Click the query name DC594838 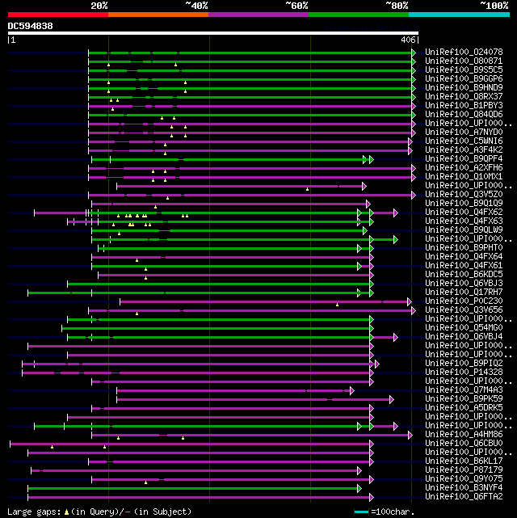point(30,27)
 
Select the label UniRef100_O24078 point(464,52)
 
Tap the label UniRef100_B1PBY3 point(464,105)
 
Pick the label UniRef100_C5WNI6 point(464,141)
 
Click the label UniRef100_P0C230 point(464,301)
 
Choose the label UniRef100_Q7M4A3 point(464,390)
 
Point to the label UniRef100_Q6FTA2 point(464,496)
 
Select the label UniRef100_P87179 point(464,470)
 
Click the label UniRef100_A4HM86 point(464,434)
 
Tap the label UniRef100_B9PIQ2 point(464,363)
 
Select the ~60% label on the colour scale point(296,6)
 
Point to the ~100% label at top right point(494,6)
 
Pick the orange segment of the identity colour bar point(158,15)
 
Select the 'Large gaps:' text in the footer point(32,512)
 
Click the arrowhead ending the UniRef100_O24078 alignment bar point(414,53)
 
